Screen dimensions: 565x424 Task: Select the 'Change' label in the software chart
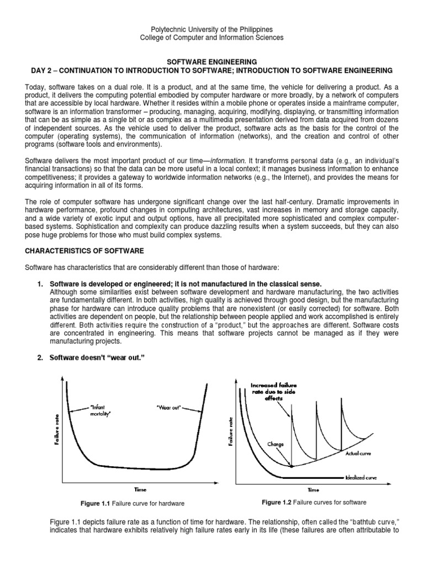point(275,443)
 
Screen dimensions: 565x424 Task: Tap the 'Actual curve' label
point(358,453)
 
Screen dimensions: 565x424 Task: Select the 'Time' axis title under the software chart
point(312,489)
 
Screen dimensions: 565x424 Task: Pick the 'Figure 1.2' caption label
point(280,502)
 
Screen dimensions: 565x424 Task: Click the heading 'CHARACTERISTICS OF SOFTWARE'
point(84,251)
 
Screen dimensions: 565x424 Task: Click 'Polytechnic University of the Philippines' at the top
point(211,29)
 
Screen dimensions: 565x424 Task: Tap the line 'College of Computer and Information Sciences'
point(211,38)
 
